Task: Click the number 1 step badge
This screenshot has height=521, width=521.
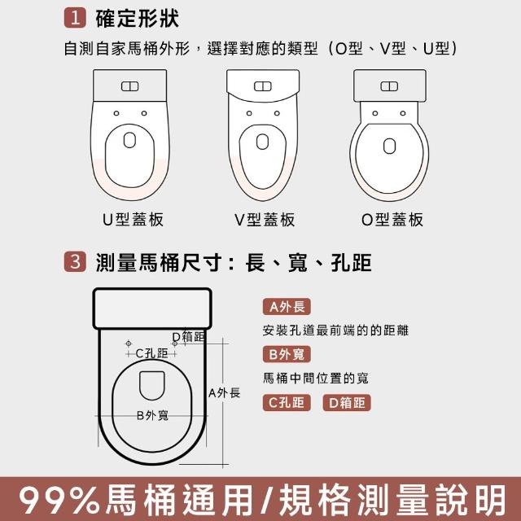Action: [x=75, y=18]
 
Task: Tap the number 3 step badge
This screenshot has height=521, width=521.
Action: [x=75, y=262]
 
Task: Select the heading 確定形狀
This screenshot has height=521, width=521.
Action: [x=138, y=19]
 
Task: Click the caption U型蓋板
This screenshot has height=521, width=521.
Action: [x=133, y=220]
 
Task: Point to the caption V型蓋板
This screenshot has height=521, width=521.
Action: [x=265, y=220]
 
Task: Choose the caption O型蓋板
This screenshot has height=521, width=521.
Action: [x=392, y=220]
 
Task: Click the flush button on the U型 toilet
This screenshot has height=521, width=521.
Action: [x=130, y=86]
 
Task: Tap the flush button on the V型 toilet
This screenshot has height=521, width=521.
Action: [x=263, y=86]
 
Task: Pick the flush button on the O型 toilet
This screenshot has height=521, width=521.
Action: [x=389, y=86]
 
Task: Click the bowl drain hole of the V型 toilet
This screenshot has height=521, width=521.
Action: [x=262, y=142]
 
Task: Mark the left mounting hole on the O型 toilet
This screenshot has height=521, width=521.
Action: [x=375, y=113]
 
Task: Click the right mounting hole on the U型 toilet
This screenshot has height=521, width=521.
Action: [x=144, y=113]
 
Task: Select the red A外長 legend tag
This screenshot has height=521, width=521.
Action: [x=287, y=307]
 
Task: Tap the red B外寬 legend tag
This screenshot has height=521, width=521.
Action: [x=287, y=355]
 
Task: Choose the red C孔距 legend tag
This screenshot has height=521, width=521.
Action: [x=287, y=403]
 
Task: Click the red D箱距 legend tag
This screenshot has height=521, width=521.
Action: [x=347, y=403]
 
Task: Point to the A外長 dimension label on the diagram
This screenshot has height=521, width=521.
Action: [x=225, y=393]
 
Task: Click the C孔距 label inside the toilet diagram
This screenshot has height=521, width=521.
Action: [x=152, y=353]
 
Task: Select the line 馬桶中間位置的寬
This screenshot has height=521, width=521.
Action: [x=316, y=378]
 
